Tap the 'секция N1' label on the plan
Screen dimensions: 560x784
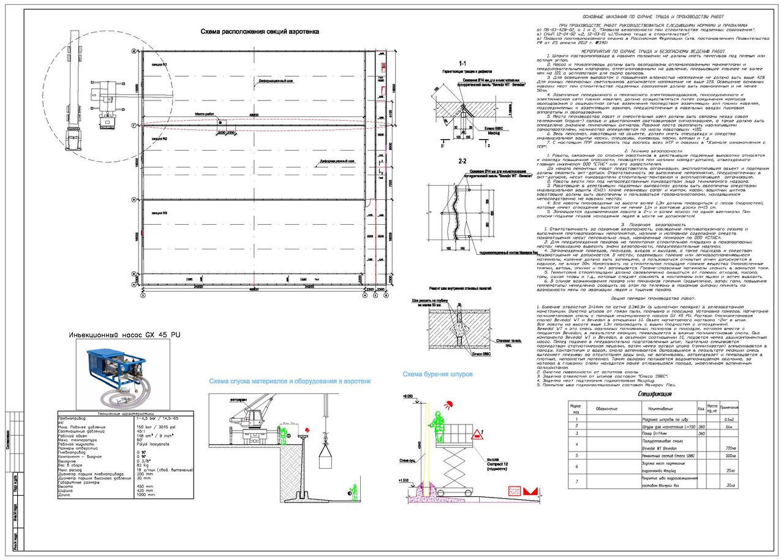(x=160, y=65)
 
